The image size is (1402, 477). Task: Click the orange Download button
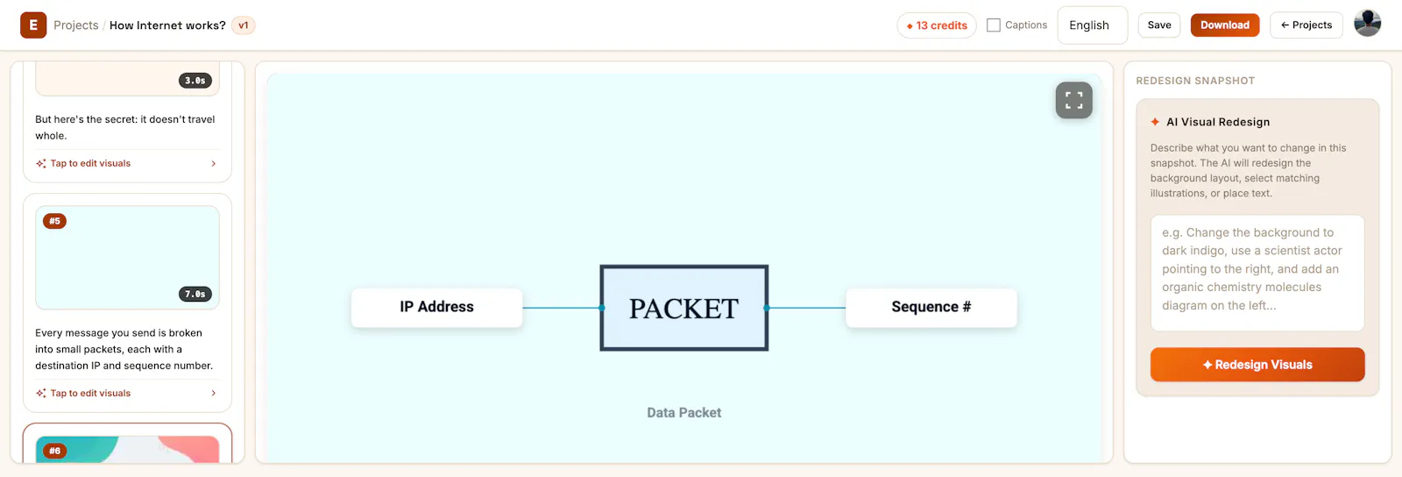tap(1224, 25)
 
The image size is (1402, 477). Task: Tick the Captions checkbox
tap(994, 25)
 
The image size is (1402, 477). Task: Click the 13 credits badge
tap(937, 25)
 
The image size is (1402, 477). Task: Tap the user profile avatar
tap(1367, 24)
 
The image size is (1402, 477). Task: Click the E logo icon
tap(33, 25)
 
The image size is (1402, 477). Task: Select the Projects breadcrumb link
tap(75, 25)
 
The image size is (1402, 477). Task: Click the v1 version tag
tap(244, 25)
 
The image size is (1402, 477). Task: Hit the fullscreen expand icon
tap(1073, 100)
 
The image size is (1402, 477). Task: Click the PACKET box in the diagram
tap(684, 308)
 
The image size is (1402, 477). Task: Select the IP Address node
tap(437, 308)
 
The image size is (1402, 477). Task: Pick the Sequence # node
tap(931, 308)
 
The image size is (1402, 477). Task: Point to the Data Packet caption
tap(684, 412)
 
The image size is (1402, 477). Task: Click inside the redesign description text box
tap(1257, 273)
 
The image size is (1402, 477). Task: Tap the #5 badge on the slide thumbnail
tap(54, 221)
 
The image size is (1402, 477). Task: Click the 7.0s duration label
tap(195, 294)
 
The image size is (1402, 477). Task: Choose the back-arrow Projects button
tap(1306, 25)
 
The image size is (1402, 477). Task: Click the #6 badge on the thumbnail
tap(54, 451)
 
